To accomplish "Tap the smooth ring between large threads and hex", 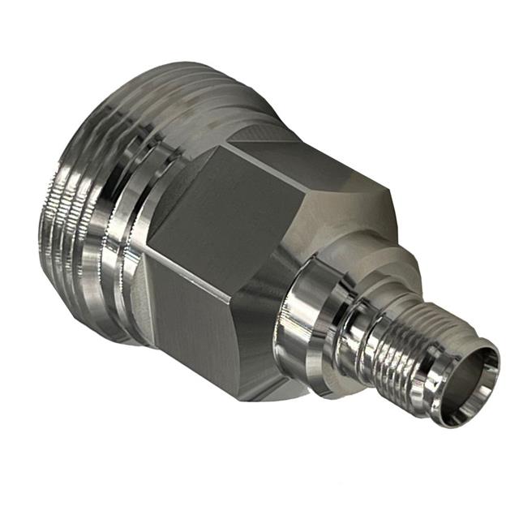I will (130, 243).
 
